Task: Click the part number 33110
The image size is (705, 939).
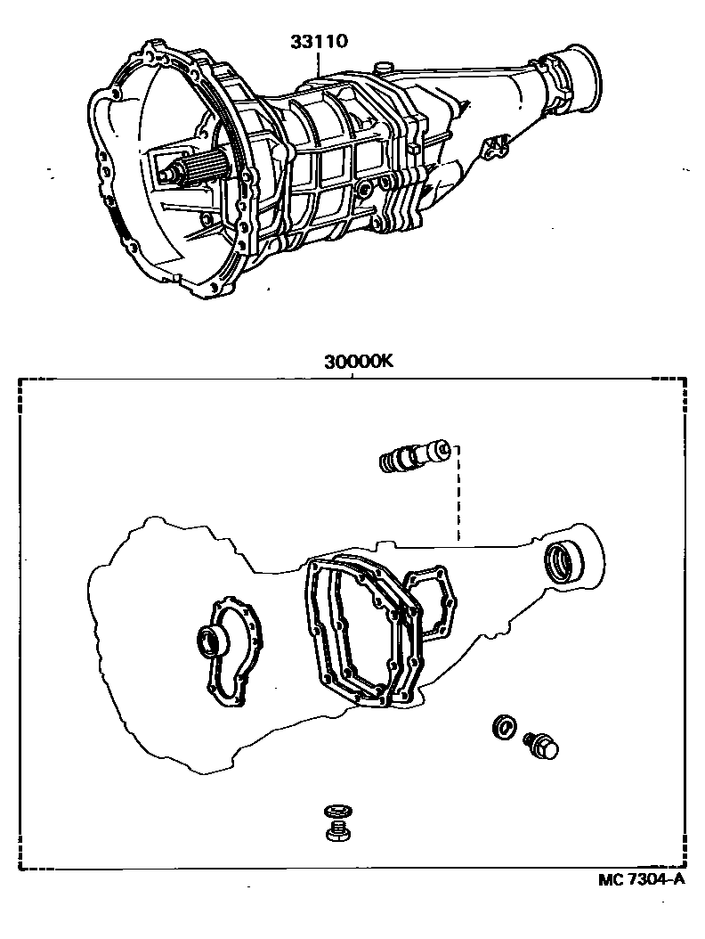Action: click(319, 42)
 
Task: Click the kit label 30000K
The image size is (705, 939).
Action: click(359, 363)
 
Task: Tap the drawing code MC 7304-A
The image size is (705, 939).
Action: click(641, 879)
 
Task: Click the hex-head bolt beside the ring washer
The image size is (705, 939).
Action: click(541, 745)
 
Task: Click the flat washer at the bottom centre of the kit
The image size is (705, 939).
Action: click(337, 812)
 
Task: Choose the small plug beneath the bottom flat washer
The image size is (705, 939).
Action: click(338, 831)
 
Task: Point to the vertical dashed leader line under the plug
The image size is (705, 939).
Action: click(458, 494)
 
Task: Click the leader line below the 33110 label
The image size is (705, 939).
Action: click(319, 63)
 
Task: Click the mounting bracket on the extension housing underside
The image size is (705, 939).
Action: click(496, 146)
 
